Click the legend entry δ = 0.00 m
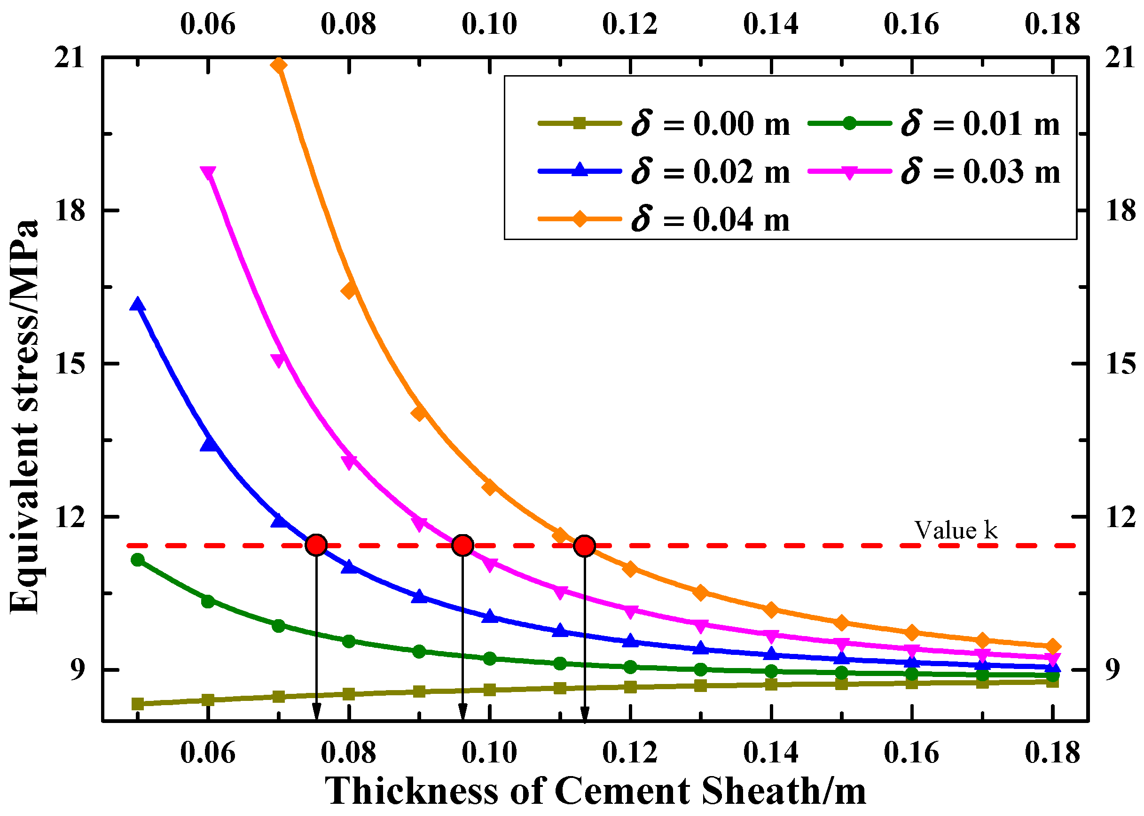(664, 123)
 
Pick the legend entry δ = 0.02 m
(664, 171)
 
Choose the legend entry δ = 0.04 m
(664, 219)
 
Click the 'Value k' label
(955, 530)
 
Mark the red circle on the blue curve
(316, 545)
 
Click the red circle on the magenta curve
(462, 545)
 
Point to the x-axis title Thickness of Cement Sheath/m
(596, 790)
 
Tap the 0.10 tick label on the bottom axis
(489, 753)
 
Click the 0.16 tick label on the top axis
(911, 23)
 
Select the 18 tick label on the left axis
(70, 210)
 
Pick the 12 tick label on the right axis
(1120, 517)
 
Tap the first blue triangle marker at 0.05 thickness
(137, 304)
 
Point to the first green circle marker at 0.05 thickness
(137, 560)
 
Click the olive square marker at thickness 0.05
(137, 704)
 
